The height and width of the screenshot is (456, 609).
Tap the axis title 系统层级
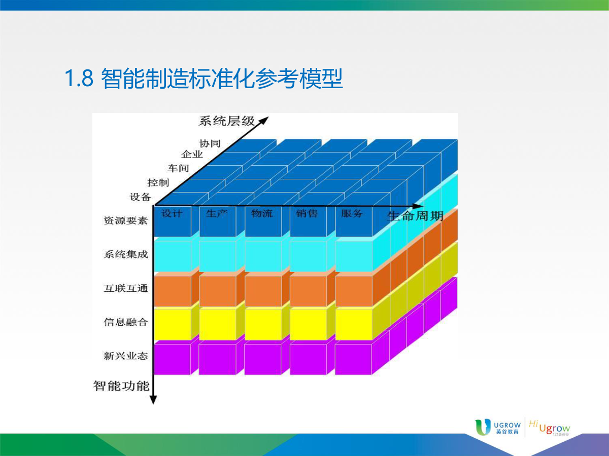[226, 121]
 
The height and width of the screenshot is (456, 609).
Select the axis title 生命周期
[415, 216]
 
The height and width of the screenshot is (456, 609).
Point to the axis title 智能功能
[121, 386]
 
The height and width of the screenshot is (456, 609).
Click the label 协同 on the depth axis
[210, 143]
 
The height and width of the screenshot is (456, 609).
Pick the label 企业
[192, 154]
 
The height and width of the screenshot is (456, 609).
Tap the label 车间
[178, 168]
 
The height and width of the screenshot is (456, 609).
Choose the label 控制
[158, 183]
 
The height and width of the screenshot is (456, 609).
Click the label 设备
[141, 197]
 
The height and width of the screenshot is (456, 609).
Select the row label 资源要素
[126, 221]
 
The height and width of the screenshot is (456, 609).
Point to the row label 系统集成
[126, 254]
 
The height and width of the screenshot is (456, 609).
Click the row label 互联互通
[126, 288]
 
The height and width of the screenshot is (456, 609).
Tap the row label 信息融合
[126, 322]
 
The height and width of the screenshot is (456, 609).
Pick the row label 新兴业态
[126, 356]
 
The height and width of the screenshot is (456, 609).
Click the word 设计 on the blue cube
[172, 213]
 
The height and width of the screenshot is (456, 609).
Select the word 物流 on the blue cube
[262, 213]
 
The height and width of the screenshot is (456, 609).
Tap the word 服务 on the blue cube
[352, 213]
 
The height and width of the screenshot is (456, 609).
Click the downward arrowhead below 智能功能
[153, 400]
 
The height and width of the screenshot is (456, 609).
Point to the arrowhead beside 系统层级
[263, 121]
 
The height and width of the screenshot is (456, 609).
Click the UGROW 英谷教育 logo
[498, 427]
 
